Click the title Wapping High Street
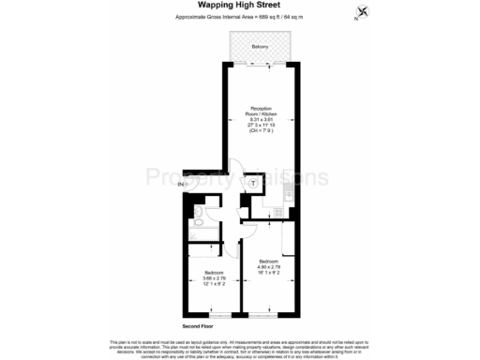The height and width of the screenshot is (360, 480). (x=239, y=7)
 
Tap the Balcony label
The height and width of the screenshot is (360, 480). (x=261, y=47)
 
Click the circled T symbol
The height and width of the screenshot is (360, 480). (x=252, y=184)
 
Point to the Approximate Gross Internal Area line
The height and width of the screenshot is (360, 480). (x=239, y=18)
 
